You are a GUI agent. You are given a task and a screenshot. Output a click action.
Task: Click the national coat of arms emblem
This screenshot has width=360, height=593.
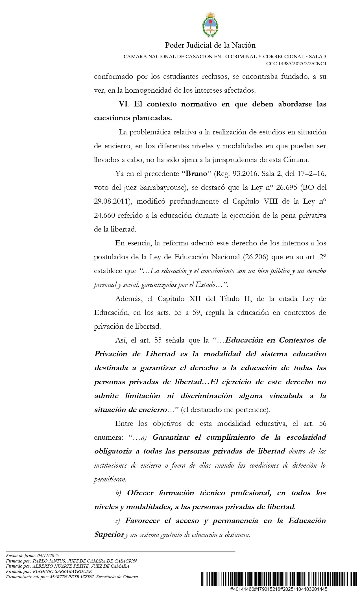coord(210,25)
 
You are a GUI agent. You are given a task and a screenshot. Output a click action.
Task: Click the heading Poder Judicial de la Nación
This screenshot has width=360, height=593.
coord(210,45)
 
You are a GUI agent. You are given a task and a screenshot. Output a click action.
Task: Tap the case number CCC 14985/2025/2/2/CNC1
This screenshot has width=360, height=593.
coord(296,64)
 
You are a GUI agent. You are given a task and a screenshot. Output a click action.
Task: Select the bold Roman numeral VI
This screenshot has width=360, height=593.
coord(123,104)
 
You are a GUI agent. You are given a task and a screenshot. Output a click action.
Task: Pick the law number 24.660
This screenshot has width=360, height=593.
coord(104,215)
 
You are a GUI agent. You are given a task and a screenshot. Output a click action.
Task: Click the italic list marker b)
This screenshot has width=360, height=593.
coord(118,493)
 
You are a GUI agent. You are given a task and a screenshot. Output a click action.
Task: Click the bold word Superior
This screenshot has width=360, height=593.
coord(109,535)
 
